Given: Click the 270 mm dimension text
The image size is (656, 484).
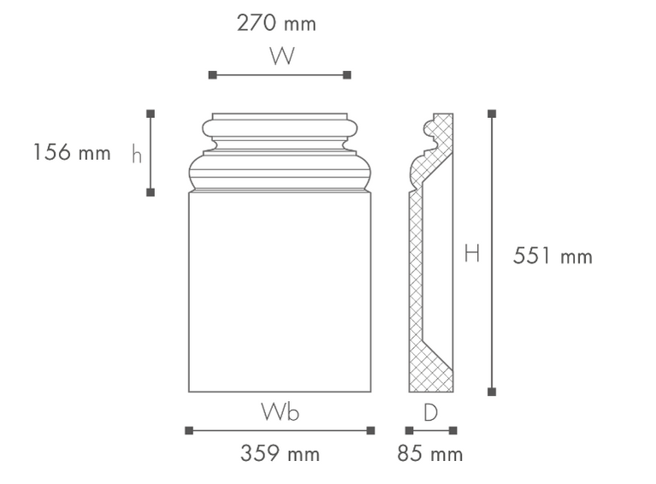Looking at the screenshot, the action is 276,23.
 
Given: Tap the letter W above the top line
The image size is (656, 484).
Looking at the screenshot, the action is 282,56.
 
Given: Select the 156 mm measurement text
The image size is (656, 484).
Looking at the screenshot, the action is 72,152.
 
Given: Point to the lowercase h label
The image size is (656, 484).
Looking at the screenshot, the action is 137,154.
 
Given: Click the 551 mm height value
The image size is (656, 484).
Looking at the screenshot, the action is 553,256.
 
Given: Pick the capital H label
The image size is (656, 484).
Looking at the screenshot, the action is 472,253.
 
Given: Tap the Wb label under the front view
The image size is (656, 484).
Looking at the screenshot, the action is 281,411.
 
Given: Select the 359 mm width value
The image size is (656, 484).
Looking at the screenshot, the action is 280,453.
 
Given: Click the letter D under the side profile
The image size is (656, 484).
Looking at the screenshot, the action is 430,412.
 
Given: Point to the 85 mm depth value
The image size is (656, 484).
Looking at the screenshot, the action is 430,453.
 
